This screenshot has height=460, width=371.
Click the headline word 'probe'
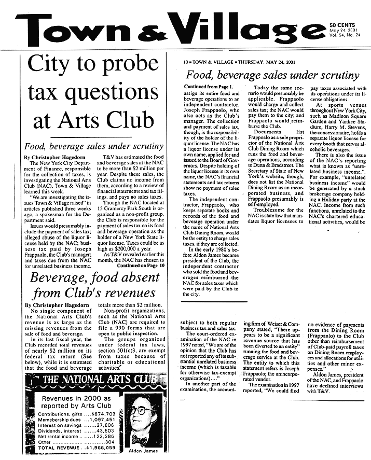point(125,66)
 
